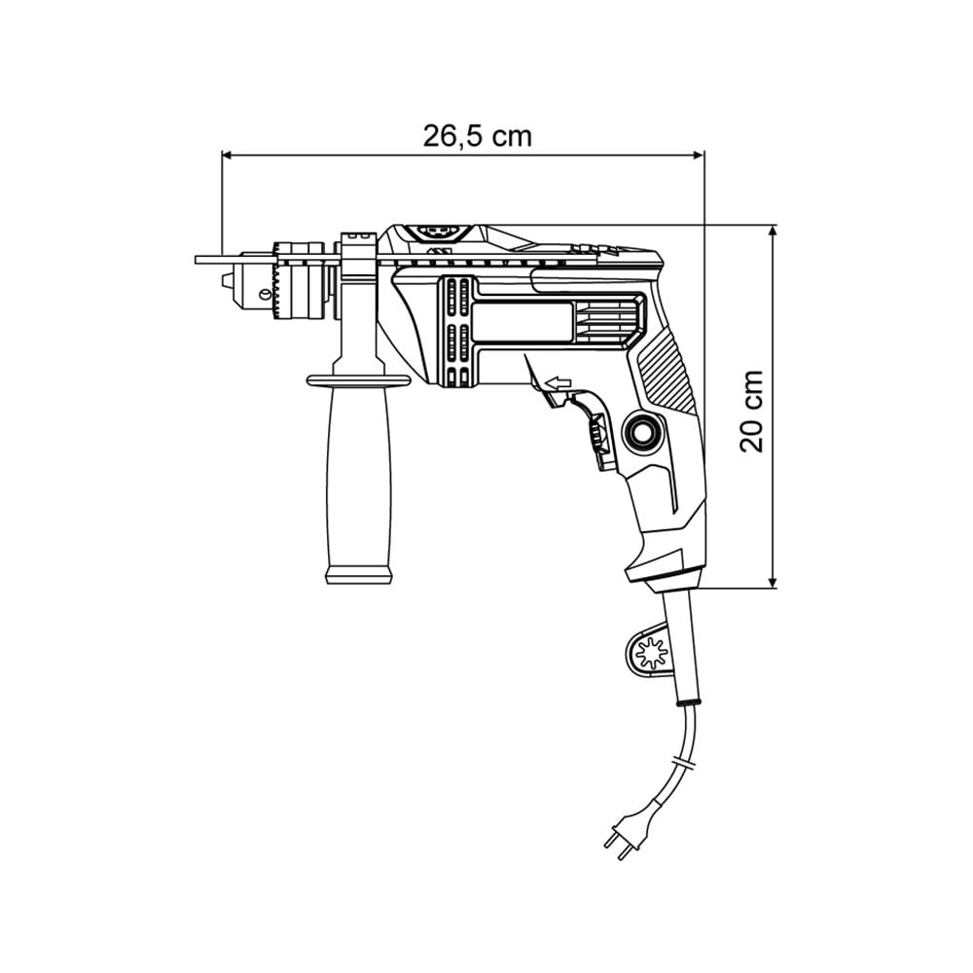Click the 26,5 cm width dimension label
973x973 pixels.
pos(477,135)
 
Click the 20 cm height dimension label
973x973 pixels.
pos(752,410)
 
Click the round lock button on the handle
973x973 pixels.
pos(643,431)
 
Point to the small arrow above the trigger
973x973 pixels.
pos(558,383)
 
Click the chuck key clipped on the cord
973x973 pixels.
pos(648,652)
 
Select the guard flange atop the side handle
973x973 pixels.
pos(358,379)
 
